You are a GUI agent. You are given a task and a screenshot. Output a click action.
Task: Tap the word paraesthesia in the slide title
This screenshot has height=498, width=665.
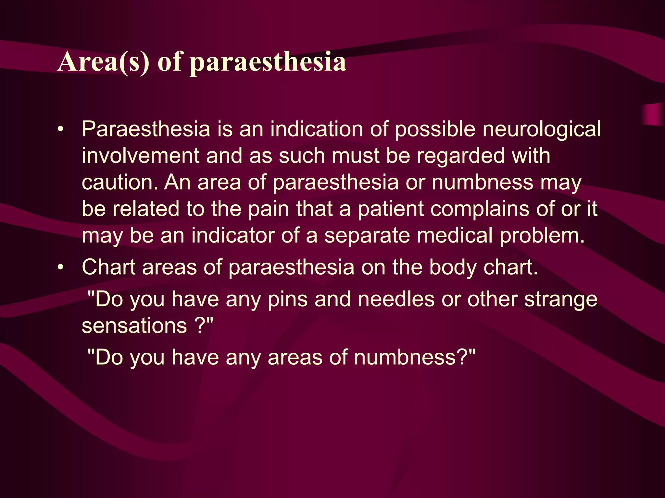[x=268, y=62]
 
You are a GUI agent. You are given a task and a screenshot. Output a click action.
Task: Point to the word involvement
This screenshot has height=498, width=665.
[x=140, y=156]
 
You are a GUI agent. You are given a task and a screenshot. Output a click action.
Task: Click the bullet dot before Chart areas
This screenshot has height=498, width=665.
[x=60, y=268]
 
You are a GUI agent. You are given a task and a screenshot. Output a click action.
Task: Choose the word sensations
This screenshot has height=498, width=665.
[x=134, y=326]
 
